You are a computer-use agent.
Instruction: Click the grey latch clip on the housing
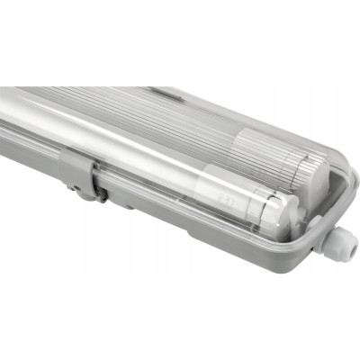click(76, 170)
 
